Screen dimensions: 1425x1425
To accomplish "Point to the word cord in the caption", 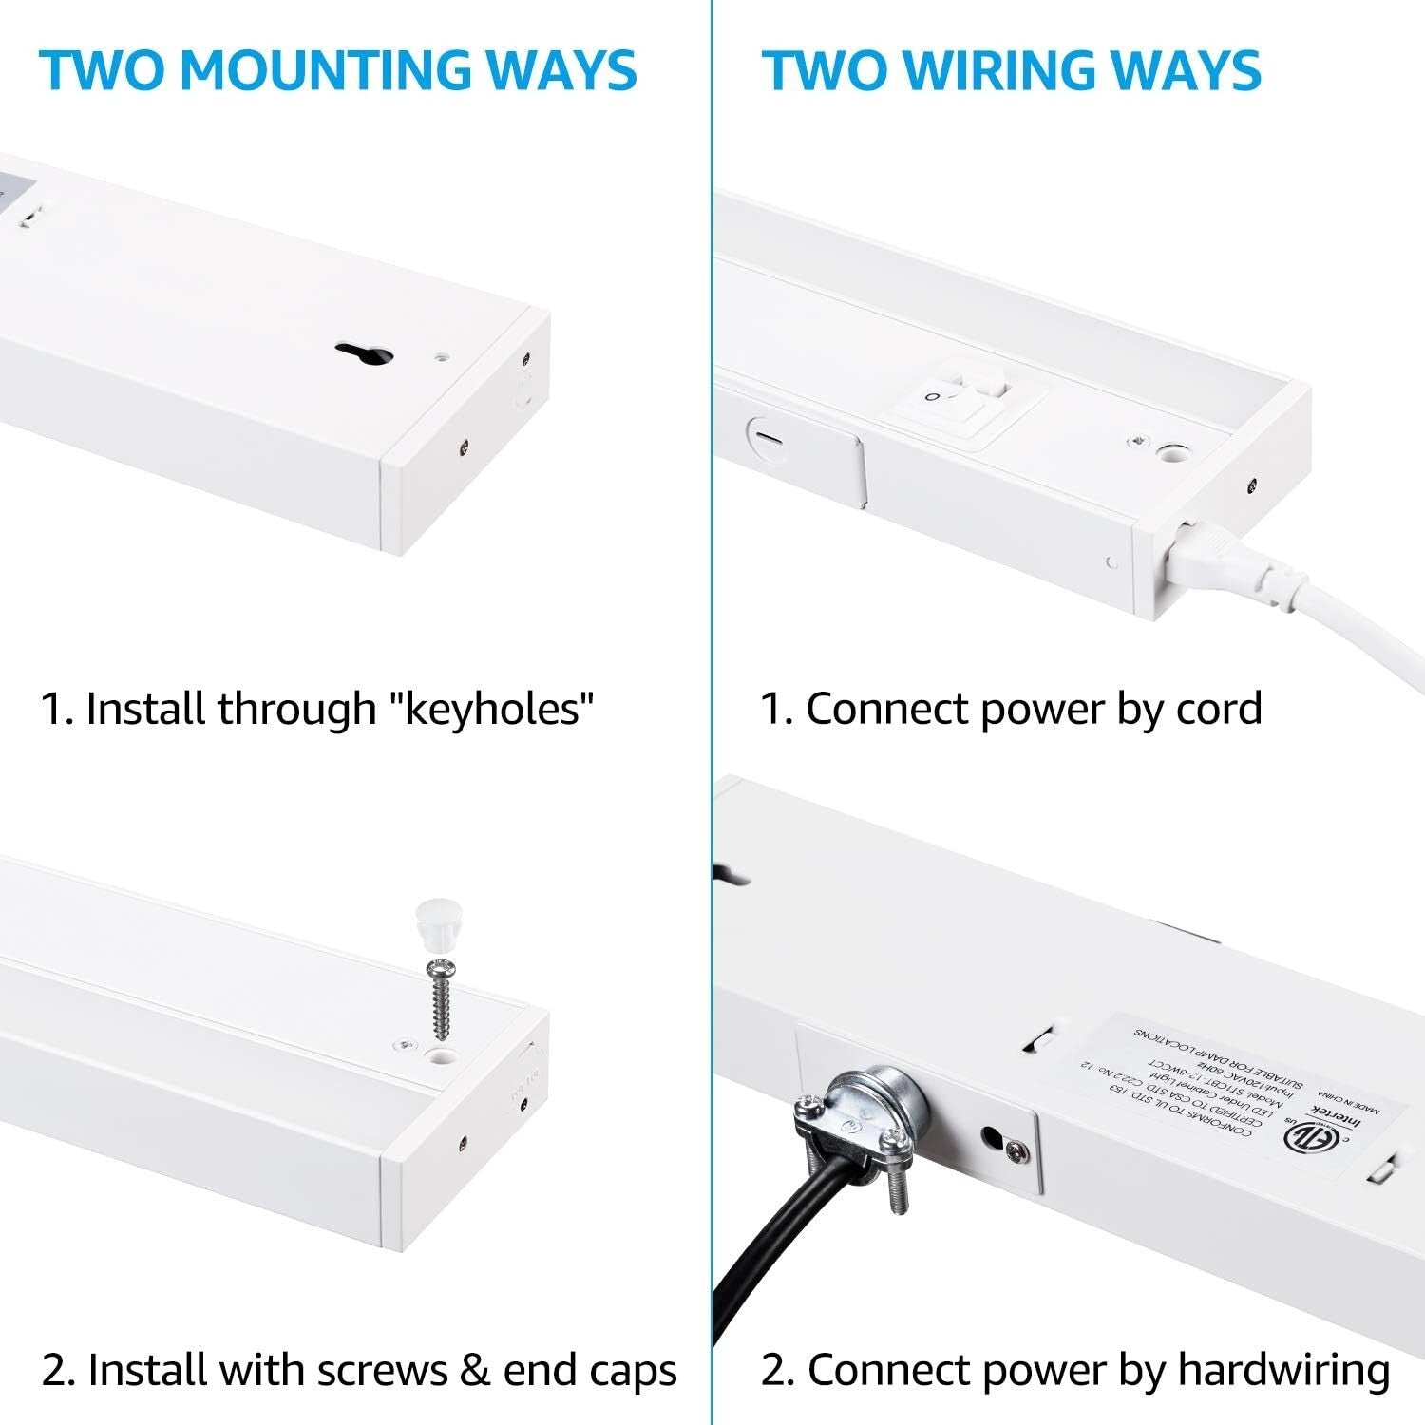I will point(1219,709).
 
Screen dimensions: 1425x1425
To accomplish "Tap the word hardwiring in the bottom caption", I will point(1283,1370).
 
